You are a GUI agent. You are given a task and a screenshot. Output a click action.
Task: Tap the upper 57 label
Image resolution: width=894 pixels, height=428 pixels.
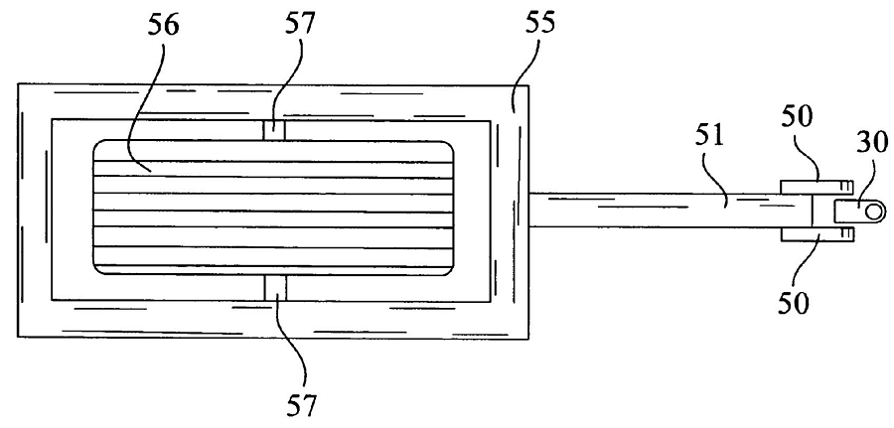299,25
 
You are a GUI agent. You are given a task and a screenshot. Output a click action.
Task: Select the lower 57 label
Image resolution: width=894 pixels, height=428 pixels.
300,407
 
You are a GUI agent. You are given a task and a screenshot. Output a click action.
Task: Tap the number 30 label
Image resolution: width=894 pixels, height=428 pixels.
872,143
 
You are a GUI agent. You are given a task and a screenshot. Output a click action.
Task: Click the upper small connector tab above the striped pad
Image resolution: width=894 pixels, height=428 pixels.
274,130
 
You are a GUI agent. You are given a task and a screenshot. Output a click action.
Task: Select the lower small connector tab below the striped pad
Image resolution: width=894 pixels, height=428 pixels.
275,287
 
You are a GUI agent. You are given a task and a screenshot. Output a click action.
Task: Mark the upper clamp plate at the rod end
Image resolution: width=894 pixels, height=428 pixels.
817,187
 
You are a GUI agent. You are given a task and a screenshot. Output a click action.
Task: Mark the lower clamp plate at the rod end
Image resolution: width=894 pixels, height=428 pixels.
817,233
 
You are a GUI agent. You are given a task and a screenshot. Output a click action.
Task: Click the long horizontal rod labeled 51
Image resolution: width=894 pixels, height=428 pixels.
670,211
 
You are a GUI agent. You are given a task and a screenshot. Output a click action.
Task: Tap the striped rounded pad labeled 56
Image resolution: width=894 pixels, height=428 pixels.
273,208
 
